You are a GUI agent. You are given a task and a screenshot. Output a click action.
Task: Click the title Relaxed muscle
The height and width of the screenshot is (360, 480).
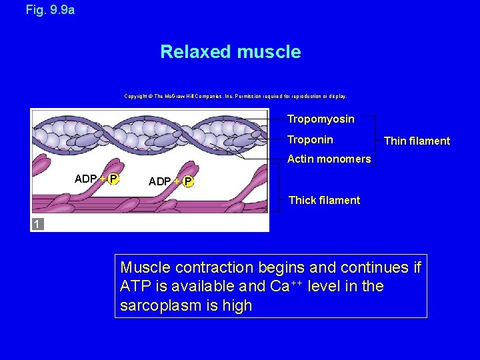tap(230, 52)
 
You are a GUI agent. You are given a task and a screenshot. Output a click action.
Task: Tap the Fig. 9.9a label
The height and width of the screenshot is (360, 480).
tap(50, 10)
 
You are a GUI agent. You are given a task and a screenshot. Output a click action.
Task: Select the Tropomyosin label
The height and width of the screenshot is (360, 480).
tap(321, 119)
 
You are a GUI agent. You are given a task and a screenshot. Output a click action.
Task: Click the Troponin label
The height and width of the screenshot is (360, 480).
tap(310, 140)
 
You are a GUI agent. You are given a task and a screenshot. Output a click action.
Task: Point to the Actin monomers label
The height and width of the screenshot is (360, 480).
tap(329, 159)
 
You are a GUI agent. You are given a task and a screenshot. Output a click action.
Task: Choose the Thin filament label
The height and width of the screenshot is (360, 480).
tap(417, 141)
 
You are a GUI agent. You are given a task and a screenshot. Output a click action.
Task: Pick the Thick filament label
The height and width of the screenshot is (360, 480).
tap(324, 200)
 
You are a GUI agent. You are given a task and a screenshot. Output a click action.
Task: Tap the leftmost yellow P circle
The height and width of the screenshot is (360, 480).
tap(113, 179)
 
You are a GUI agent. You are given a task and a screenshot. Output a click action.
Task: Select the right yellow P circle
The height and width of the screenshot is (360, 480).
tap(188, 182)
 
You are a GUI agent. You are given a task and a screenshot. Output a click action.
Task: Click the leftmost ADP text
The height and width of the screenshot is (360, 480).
tap(86, 179)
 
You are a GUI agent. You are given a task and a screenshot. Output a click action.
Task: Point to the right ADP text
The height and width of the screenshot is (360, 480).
tap(160, 182)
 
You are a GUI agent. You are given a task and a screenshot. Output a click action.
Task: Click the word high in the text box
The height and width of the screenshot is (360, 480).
tap(237, 306)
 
